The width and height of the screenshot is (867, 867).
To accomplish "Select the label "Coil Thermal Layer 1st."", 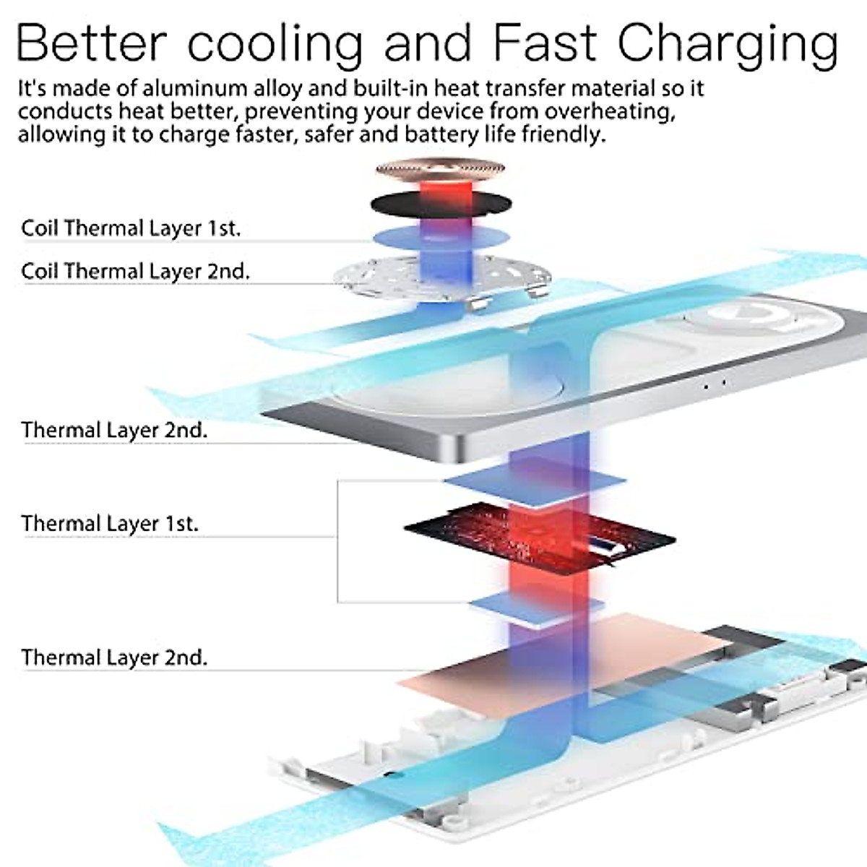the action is pyautogui.click(x=130, y=228).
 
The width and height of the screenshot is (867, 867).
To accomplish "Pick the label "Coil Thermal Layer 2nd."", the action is pyautogui.click(x=135, y=271).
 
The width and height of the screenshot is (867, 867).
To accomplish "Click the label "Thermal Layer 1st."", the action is pyautogui.click(x=109, y=523).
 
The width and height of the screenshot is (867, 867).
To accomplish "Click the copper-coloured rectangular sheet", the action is pyautogui.click(x=499, y=665).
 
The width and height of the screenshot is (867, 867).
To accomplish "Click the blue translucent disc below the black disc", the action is pyautogui.click(x=441, y=236).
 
